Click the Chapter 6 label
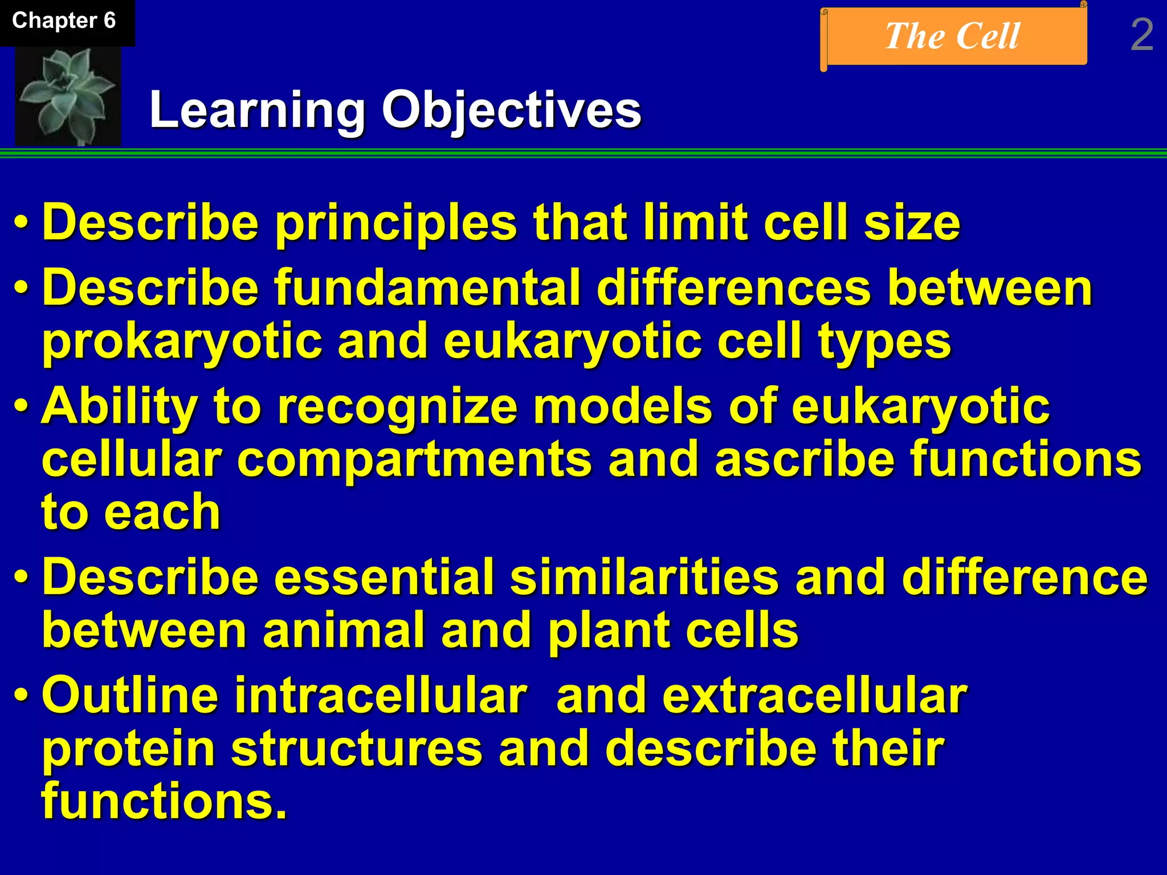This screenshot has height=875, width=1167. [x=64, y=21]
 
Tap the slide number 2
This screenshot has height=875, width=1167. [x=1141, y=35]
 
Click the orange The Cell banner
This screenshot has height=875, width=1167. [x=953, y=36]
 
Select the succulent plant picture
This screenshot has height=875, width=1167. [x=67, y=96]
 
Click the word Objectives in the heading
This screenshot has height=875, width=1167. [x=511, y=110]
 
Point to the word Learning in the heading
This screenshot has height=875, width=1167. [x=257, y=110]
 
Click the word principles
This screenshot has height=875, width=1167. [x=396, y=223]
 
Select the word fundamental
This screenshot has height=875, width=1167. [x=427, y=288]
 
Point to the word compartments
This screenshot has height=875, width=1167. [x=414, y=460]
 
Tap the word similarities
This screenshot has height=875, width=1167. [x=644, y=577]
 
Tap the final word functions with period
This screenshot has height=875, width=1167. [x=164, y=802]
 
